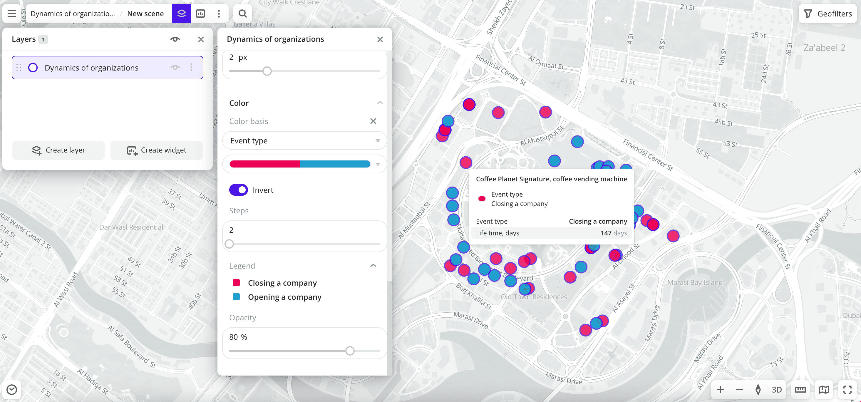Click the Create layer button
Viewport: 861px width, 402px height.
click(58, 150)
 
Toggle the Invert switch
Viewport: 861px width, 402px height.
click(238, 190)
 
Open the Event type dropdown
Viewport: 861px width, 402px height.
click(304, 141)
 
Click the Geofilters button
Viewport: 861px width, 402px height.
click(828, 14)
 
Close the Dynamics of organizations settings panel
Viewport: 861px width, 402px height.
click(380, 39)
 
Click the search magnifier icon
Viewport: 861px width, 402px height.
click(242, 14)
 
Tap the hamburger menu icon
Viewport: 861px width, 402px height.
click(12, 14)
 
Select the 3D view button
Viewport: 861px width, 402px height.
click(776, 390)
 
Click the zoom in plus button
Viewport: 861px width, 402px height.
click(720, 390)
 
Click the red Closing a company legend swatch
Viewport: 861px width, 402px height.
click(236, 283)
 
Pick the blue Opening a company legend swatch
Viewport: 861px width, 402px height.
click(236, 297)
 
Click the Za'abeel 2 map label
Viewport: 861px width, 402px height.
click(824, 48)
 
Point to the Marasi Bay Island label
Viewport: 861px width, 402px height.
click(695, 282)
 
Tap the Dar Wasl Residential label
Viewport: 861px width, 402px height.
click(131, 227)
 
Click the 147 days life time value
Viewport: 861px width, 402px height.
click(613, 233)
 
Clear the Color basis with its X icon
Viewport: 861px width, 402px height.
click(373, 121)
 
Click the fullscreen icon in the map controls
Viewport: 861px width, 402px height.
click(847, 390)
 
